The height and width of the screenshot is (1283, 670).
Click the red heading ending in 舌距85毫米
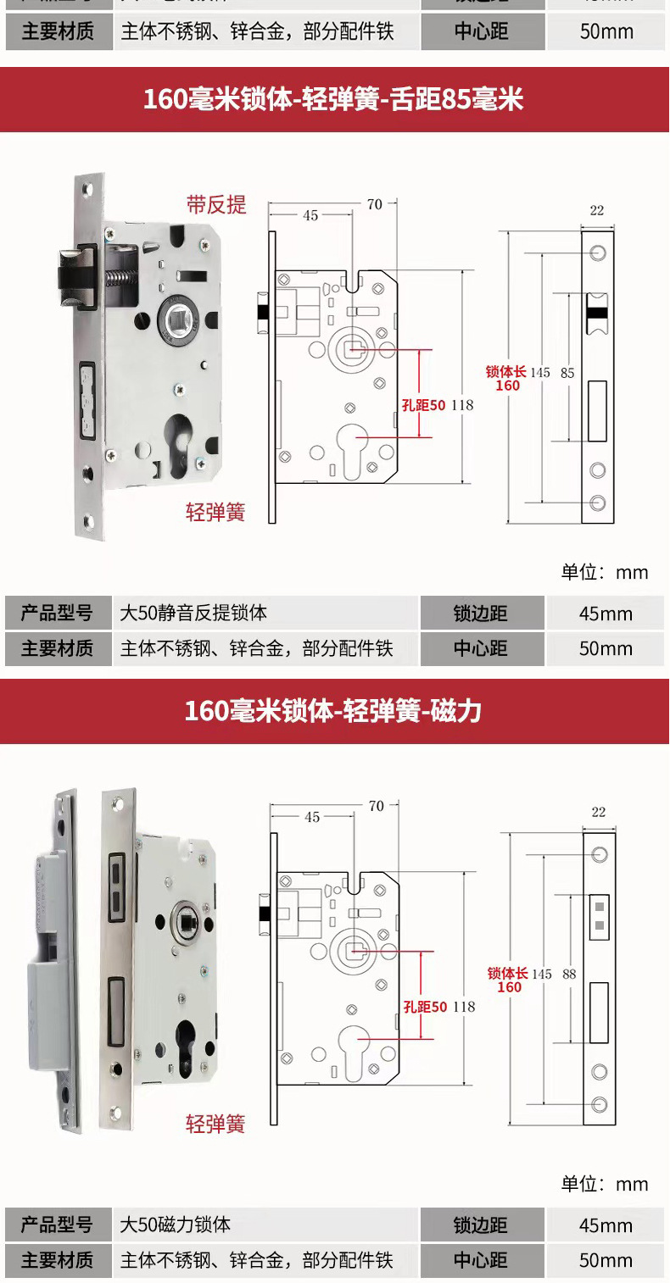pos(334,100)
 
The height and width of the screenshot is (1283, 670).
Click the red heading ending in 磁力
pos(334,710)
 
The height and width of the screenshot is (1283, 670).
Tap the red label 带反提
pos(216,204)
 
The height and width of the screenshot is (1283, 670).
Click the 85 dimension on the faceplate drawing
pos(567,372)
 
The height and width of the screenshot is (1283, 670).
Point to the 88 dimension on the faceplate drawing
pos(569,975)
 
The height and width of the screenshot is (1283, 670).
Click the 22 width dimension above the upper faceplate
pos(597,210)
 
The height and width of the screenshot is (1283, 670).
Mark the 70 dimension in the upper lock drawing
pos(374,203)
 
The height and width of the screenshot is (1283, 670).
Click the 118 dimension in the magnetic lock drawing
pos(463,1007)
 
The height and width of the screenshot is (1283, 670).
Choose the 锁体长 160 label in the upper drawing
pos(506,378)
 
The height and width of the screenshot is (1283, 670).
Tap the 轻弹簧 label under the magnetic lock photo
pos(215,1125)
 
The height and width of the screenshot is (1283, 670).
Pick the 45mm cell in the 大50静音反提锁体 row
pos(606,614)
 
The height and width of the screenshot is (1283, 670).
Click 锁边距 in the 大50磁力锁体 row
pos(480,1225)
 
